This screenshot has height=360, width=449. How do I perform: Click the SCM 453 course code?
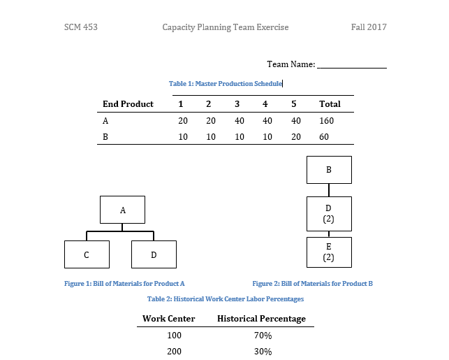[80, 27]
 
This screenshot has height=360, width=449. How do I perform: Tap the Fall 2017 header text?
[369, 27]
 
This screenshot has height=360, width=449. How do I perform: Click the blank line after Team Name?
[351, 65]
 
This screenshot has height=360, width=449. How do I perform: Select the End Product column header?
[128, 104]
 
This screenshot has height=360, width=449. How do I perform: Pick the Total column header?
[330, 104]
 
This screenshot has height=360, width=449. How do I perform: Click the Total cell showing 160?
[327, 121]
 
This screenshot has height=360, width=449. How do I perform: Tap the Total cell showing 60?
[324, 137]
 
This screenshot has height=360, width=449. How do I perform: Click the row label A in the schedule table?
[105, 121]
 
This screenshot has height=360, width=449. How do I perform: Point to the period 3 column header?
[237, 104]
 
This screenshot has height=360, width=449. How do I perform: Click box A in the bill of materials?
[122, 210]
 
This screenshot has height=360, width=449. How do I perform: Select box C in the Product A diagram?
[87, 254]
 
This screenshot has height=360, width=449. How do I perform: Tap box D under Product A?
[154, 254]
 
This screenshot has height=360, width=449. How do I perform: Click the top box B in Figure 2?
[329, 170]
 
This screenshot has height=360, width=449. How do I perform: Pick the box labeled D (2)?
[329, 213]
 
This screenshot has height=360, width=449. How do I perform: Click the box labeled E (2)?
[329, 252]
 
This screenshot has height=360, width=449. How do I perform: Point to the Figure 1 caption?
[124, 284]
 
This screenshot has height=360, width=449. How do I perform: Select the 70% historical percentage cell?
[263, 336]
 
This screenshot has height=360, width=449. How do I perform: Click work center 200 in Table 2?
[174, 352]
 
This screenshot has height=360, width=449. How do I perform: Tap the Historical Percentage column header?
[262, 319]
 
